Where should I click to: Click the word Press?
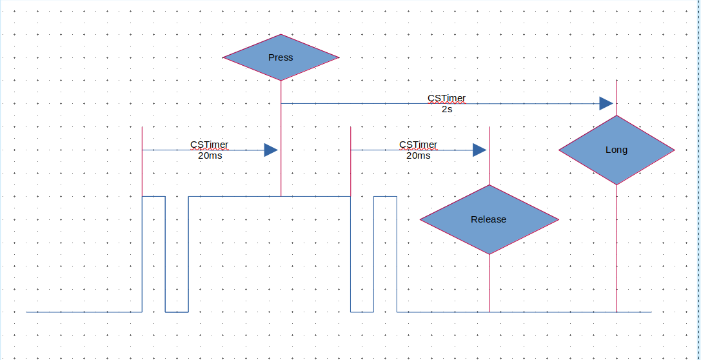(x=281, y=57)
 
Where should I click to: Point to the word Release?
(x=489, y=219)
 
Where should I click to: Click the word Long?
(x=617, y=150)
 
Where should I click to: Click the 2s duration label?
(x=447, y=110)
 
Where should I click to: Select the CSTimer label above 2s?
(x=447, y=99)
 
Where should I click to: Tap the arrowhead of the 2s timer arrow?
(x=606, y=103)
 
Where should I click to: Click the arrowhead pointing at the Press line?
(x=271, y=150)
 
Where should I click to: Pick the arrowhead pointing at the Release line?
(x=479, y=150)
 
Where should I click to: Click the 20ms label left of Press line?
(x=210, y=156)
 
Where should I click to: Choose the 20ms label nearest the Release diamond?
(x=419, y=156)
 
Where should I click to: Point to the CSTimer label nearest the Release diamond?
(x=419, y=145)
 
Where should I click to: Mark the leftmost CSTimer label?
(x=210, y=145)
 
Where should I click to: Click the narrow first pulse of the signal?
(x=153, y=196)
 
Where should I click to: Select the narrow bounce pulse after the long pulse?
(x=385, y=196)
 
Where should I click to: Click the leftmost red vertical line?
(x=142, y=161)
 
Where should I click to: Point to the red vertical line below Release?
(x=489, y=284)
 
